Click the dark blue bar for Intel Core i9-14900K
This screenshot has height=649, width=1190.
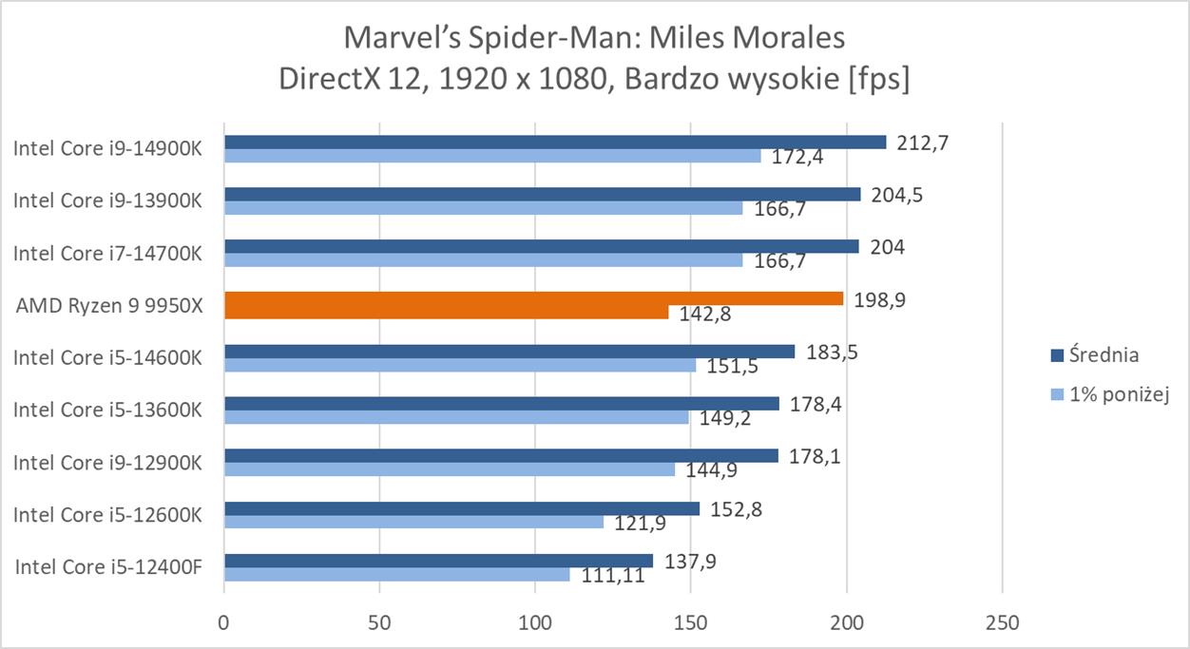[x=555, y=143]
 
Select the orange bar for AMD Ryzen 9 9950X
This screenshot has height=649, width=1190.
[x=533, y=298]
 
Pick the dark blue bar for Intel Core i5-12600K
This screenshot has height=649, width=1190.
[x=462, y=508]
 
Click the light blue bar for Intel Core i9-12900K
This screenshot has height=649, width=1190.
[x=450, y=469]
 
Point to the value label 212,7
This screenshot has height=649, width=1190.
[x=921, y=143]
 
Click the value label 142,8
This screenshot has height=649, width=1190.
[x=705, y=315]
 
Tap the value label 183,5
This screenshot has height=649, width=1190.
[x=831, y=351]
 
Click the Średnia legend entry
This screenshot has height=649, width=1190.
[x=1104, y=354]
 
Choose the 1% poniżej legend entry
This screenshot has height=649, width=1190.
[x=1117, y=394]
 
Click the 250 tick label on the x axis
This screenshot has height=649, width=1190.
[x=1003, y=623]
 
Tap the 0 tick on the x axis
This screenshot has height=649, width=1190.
[x=224, y=623]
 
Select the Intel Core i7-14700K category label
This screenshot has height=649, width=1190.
[x=107, y=254]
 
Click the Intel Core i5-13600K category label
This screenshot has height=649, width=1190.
[x=107, y=410]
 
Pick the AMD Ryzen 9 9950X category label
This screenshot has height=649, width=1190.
[x=109, y=306]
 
